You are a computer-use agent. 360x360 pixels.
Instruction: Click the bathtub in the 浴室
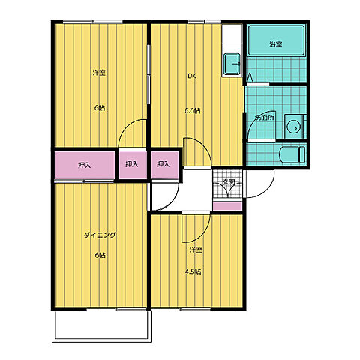276,40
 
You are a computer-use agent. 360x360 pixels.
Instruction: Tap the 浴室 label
276,44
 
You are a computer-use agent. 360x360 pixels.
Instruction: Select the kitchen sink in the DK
232,64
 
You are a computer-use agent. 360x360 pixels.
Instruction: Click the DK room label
192,76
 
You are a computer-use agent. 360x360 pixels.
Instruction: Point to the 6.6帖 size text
193,110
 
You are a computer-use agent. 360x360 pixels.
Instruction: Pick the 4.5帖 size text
193,271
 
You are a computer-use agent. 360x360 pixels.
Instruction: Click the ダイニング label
100,235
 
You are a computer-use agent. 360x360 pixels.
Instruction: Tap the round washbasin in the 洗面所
293,127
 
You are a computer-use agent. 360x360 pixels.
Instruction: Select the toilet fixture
292,154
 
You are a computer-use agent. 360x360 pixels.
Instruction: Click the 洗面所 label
265,118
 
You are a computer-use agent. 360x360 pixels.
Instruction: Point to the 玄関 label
229,182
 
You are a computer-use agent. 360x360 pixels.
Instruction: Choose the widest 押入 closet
85,165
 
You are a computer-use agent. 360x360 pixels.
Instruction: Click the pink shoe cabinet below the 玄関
227,205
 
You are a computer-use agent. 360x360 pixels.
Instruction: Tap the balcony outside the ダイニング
101,326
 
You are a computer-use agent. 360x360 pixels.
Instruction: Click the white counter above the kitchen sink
232,33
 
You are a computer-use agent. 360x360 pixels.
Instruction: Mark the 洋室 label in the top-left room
99,73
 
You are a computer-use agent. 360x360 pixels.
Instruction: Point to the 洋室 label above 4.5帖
196,250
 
